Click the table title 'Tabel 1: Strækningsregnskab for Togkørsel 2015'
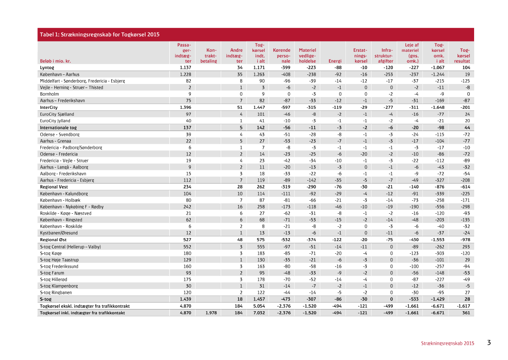pyautogui.click(x=100, y=34)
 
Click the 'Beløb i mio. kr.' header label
pyautogui.click(x=55, y=61)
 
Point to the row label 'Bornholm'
pyautogui.click(x=49, y=94)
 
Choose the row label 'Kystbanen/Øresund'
pyautogui.click(x=59, y=233)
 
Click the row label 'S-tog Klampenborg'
pyautogui.click(x=59, y=286)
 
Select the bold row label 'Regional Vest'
pyautogui.click(x=54, y=187)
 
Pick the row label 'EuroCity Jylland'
pyautogui.click(x=55, y=121)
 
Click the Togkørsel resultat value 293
pyautogui.click(x=466, y=247)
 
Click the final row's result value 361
pyautogui.click(x=466, y=313)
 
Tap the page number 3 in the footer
pyautogui.click(x=489, y=343)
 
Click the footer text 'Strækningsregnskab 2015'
pyautogui.click(x=447, y=343)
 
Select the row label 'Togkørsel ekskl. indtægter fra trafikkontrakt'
pyautogui.click(x=85, y=306)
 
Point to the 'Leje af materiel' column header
pyautogui.click(x=412, y=53)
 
